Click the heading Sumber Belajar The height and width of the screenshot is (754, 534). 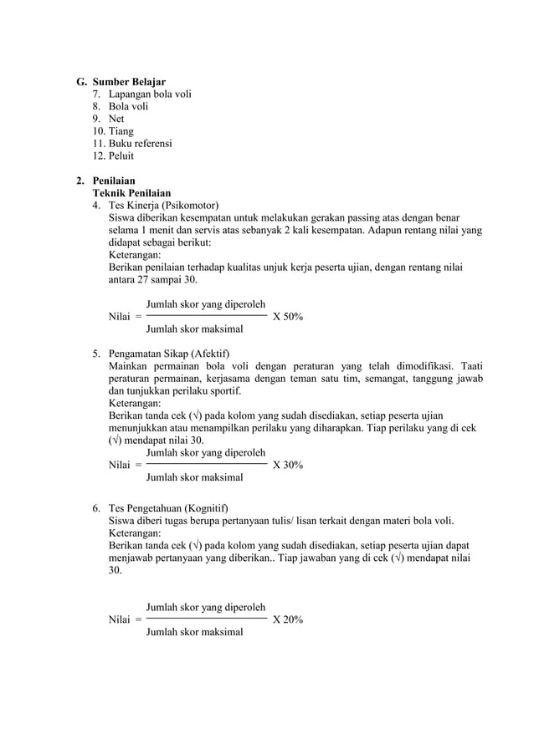pyautogui.click(x=129, y=82)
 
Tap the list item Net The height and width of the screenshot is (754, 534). pyautogui.click(x=116, y=119)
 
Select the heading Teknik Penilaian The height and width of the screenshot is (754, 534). pyautogui.click(x=131, y=193)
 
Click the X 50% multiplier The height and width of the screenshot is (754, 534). pyautogui.click(x=288, y=318)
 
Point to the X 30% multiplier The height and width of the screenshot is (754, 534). pyautogui.click(x=288, y=465)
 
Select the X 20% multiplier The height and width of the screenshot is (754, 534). pyautogui.click(x=288, y=620)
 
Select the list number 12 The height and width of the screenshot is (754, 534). pyautogui.click(x=99, y=156)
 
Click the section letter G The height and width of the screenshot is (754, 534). pyautogui.click(x=80, y=82)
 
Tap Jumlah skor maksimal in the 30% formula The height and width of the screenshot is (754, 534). pyautogui.click(x=194, y=477)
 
